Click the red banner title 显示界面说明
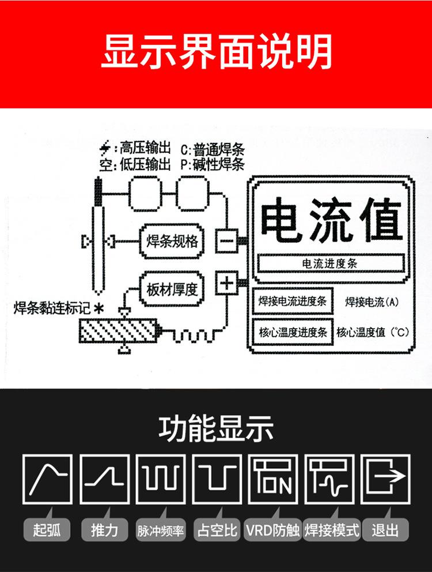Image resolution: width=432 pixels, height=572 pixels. pos(216,53)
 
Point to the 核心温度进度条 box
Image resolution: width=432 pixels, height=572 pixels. pos(293,332)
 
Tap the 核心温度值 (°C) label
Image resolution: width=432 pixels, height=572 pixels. pos(372,332)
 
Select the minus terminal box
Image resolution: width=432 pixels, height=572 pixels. pos(226,240)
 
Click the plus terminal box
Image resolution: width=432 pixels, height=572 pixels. pos(226,283)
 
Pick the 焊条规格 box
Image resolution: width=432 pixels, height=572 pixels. pos(172,240)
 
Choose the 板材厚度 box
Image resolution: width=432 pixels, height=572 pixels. pos(172,288)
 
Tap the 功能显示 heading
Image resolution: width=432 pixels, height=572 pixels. pos(216,429)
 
